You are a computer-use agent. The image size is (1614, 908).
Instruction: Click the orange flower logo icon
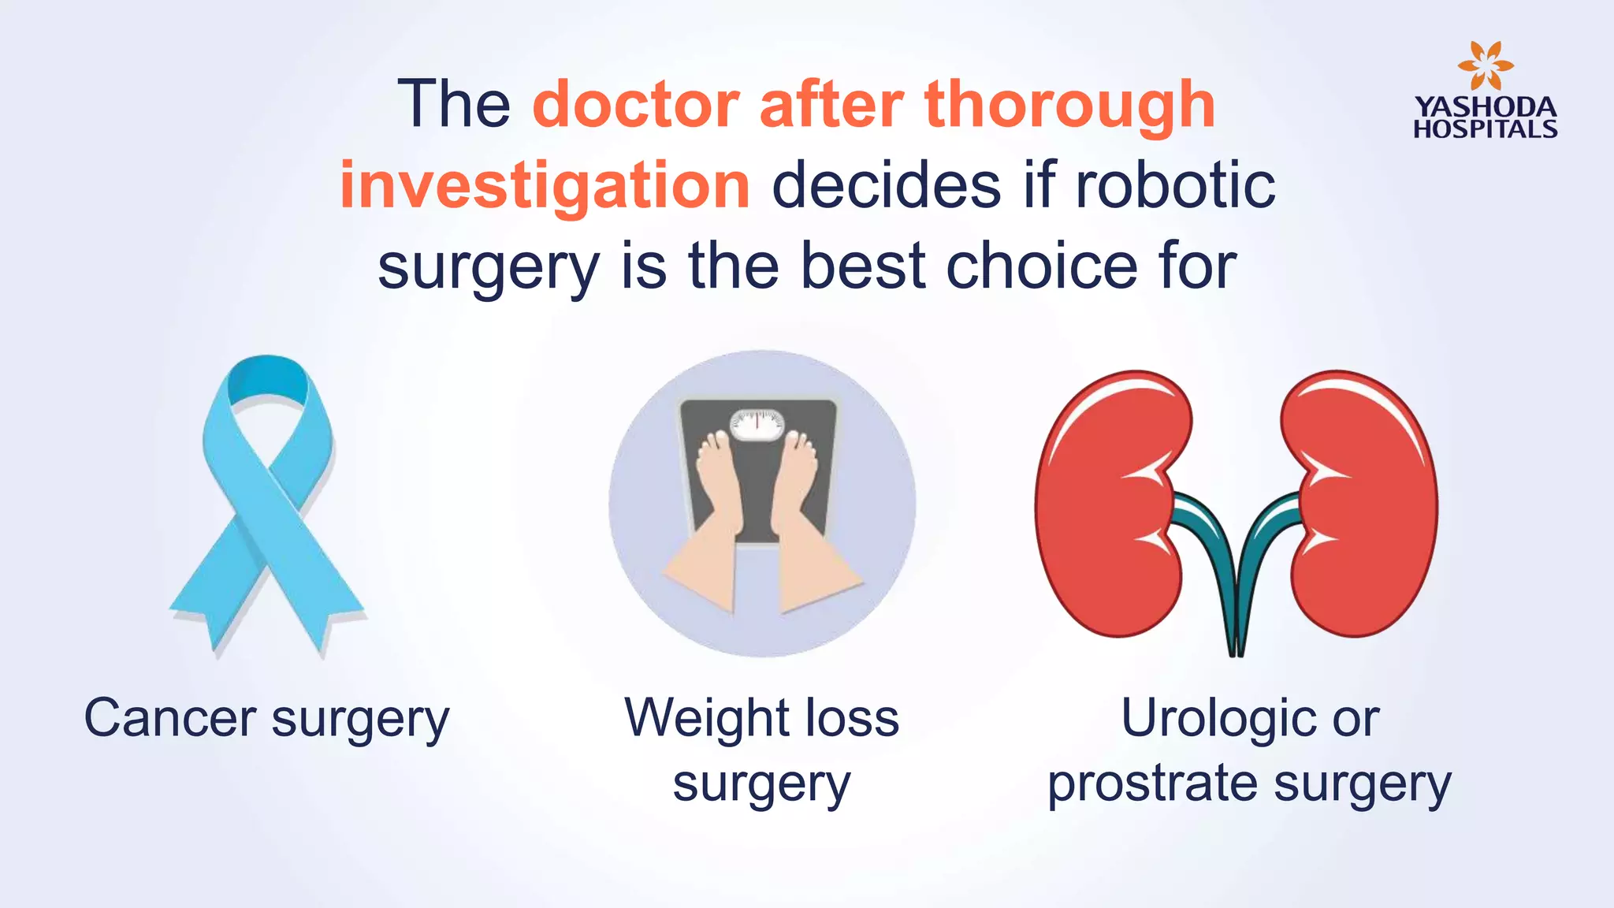click(1485, 66)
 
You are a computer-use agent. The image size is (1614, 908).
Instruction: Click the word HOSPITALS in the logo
click(1486, 129)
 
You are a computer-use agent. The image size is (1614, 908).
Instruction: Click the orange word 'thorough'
click(1070, 106)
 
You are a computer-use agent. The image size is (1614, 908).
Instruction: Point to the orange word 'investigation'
click(545, 186)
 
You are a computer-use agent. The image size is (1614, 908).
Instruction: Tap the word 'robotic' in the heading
click(1175, 186)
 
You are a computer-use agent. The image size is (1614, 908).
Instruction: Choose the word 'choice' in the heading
click(1041, 266)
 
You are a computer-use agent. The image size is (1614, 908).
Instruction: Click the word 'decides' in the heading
click(887, 186)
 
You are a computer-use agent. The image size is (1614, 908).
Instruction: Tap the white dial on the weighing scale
click(757, 424)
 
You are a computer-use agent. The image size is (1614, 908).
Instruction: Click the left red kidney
click(1111, 504)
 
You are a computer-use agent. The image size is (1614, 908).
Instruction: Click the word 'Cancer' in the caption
click(170, 719)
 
